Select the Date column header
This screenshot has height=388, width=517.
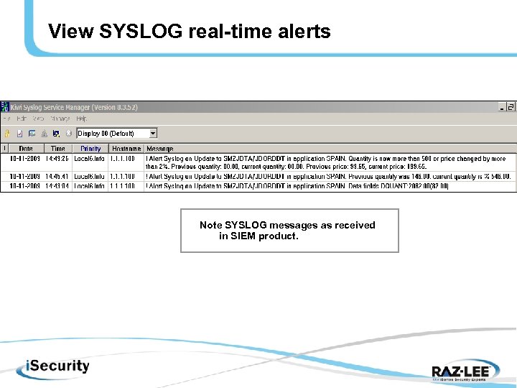(27, 149)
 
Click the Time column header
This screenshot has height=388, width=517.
(57, 149)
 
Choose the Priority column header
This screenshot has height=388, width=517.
(90, 149)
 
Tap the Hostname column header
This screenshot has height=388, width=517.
(126, 149)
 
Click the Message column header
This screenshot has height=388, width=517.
(160, 149)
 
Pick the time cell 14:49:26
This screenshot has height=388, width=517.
(57, 159)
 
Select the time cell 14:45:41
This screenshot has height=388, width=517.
(57, 176)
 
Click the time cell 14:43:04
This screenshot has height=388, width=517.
(57, 185)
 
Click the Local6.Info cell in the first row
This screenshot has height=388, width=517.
(90, 159)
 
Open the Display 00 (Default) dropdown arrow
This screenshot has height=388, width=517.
(152, 133)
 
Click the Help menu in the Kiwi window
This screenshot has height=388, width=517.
(82, 119)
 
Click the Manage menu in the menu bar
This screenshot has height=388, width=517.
(60, 119)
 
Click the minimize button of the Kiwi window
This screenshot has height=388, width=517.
(502, 107)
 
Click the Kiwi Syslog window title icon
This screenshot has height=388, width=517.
(6, 107)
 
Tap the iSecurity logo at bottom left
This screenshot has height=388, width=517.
(48, 366)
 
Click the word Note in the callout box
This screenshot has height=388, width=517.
(211, 225)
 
